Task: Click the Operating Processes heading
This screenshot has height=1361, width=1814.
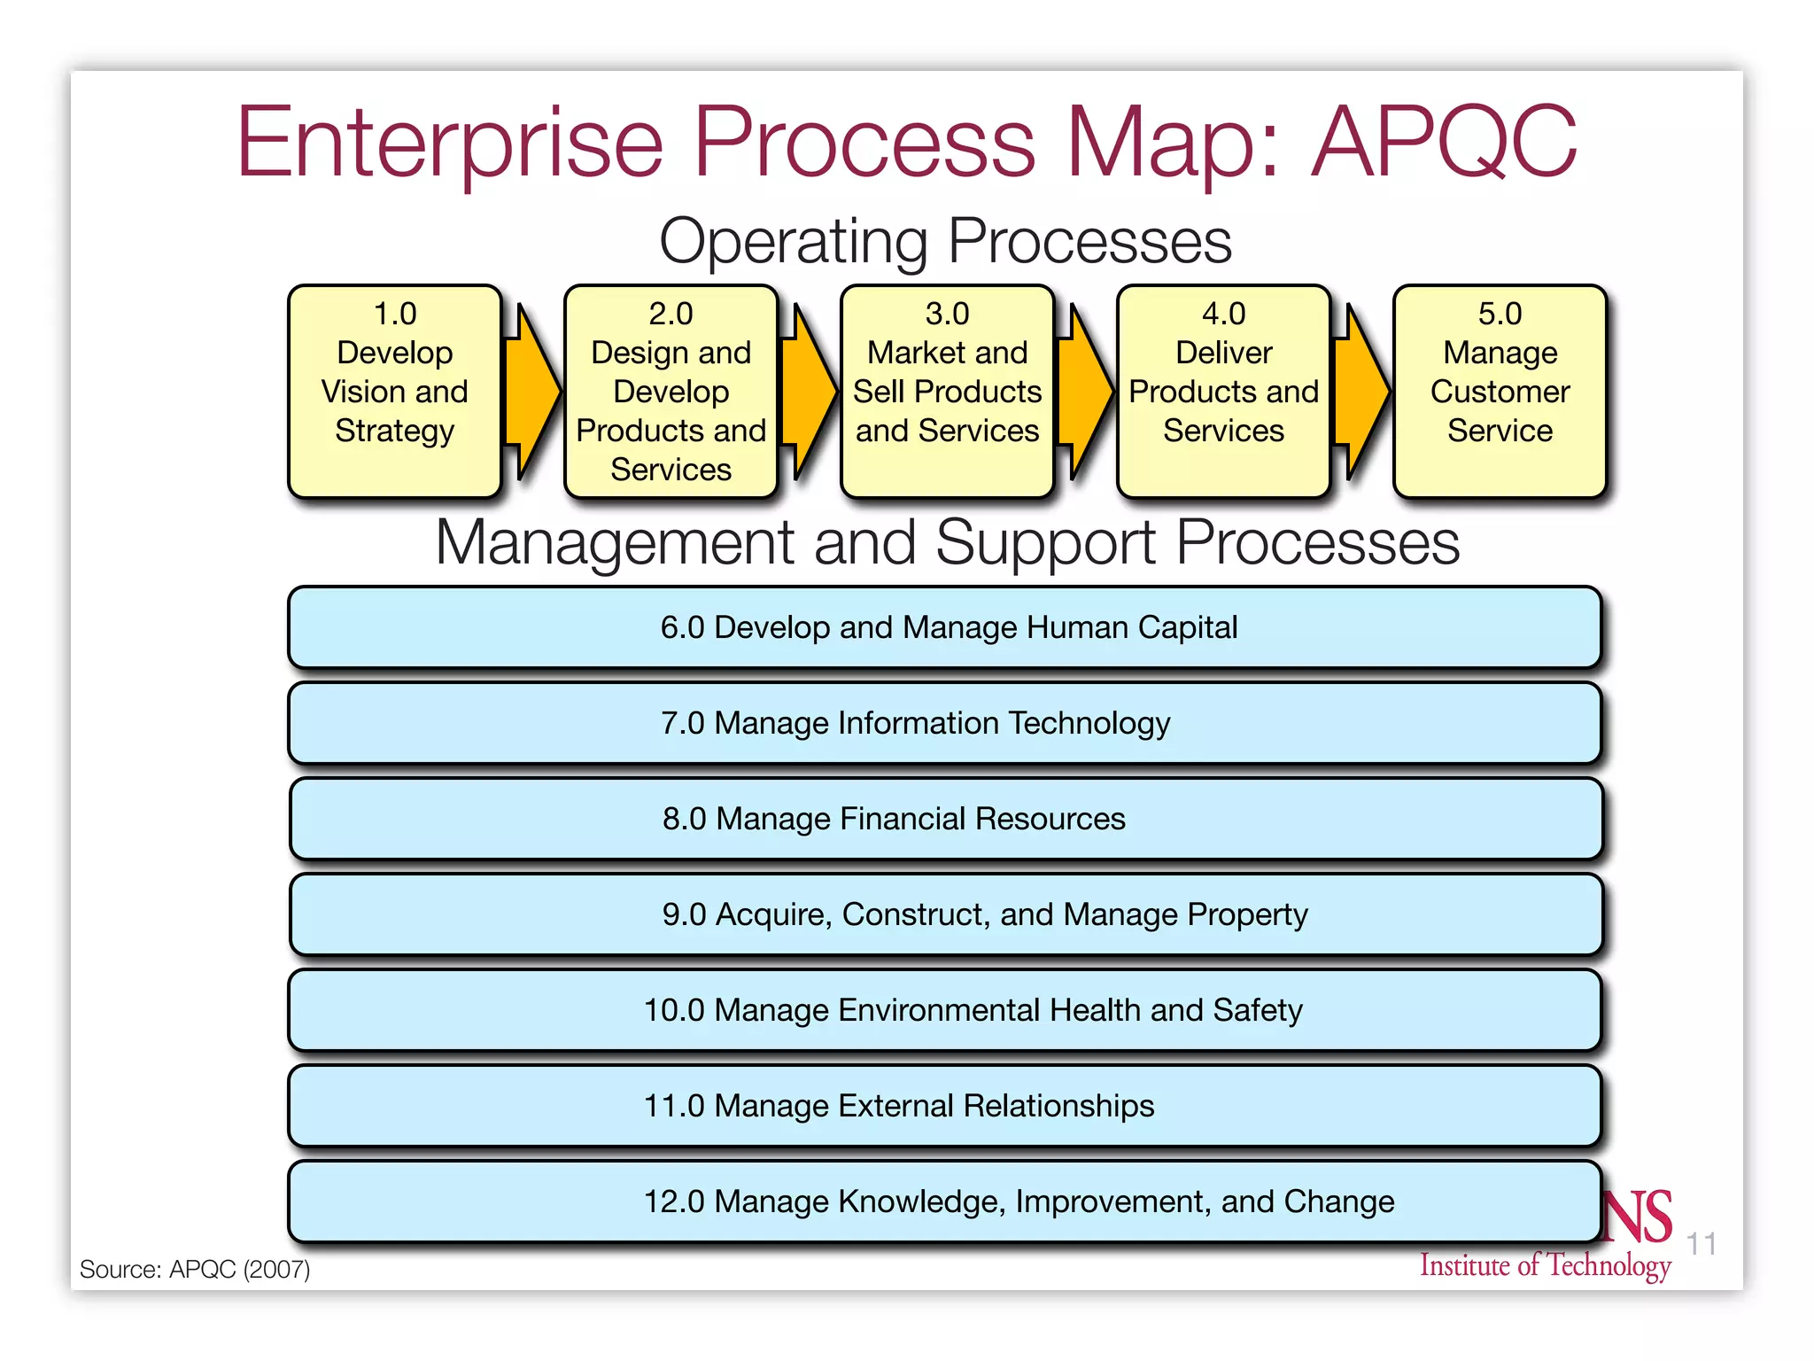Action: (945, 241)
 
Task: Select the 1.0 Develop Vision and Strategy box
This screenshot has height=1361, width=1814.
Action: (395, 391)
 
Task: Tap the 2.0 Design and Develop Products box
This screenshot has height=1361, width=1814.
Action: (671, 391)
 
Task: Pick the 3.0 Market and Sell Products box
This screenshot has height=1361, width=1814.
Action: (947, 391)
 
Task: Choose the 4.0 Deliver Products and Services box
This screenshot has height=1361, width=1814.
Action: (1223, 391)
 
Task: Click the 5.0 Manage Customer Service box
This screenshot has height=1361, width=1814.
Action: (1500, 391)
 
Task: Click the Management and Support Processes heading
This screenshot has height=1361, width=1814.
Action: (947, 542)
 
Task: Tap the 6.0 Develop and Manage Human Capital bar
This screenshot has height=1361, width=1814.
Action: (945, 627)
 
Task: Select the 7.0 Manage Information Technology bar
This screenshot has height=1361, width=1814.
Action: (945, 723)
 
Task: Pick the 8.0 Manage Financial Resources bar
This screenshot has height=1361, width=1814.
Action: (945, 819)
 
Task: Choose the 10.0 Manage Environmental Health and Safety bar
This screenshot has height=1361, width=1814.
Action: (945, 1010)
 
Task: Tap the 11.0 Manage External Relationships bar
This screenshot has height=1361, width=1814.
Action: (945, 1106)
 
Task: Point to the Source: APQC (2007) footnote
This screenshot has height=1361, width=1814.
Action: (195, 1269)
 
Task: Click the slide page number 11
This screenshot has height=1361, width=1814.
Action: (1701, 1244)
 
